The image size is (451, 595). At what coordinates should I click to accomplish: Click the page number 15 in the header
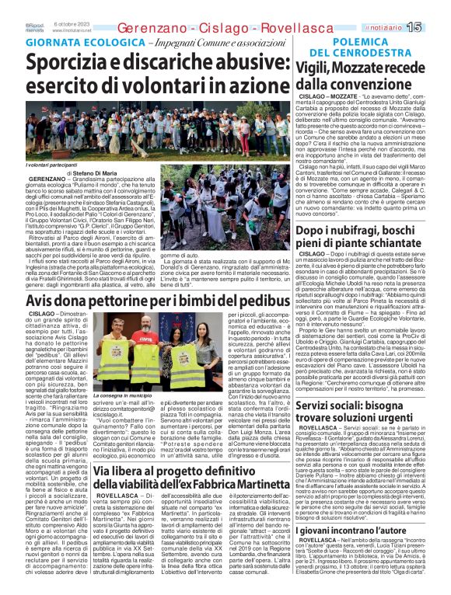click(435, 27)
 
